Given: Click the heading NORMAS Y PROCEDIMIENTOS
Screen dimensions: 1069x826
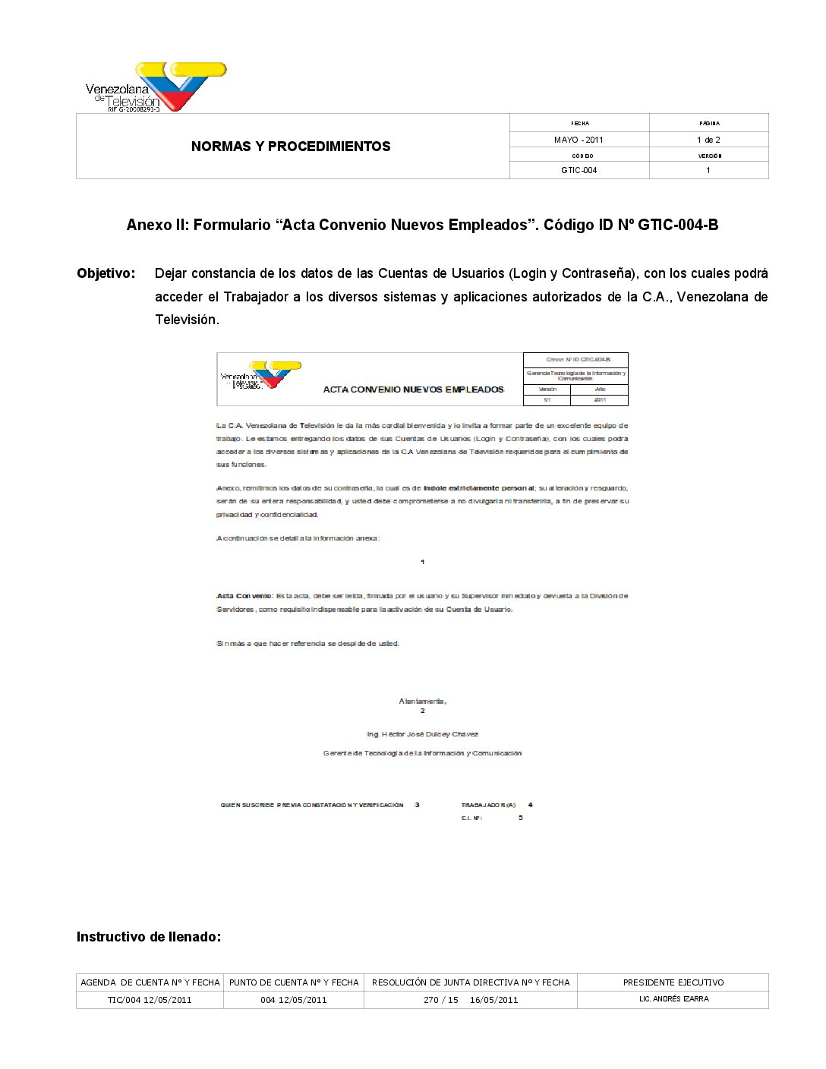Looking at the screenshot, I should tap(291, 147).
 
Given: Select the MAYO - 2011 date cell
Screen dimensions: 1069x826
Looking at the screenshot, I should tap(579, 140).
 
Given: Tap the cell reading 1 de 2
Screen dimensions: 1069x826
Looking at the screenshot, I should tap(708, 140).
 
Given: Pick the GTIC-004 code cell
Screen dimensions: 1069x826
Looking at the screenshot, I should tap(579, 170).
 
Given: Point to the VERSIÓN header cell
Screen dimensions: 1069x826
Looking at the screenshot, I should tap(709, 156).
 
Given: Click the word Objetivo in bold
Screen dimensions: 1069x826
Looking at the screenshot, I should tap(106, 273).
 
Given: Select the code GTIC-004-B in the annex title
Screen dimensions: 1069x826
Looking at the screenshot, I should tap(678, 225).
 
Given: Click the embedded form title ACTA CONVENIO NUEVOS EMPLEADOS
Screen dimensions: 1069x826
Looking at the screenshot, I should tap(413, 389).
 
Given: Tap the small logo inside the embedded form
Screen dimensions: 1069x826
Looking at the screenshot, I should tap(260, 376).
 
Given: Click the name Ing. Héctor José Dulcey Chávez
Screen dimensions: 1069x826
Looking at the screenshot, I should tap(422, 734).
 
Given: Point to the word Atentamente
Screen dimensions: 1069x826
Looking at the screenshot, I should tap(422, 701).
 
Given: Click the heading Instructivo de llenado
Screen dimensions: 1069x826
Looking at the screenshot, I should tap(149, 937).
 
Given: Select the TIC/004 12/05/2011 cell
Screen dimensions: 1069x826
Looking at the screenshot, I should tap(150, 1000).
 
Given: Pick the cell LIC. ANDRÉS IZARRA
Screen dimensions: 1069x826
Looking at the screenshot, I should tap(673, 999).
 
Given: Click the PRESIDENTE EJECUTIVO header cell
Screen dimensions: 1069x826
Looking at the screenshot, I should tap(673, 982).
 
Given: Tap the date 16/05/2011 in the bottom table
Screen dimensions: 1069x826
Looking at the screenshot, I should tap(493, 1000).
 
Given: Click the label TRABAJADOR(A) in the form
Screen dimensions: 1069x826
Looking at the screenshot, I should tap(488, 805).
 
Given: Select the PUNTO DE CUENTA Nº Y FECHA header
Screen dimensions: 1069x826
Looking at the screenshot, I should tap(294, 982).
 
